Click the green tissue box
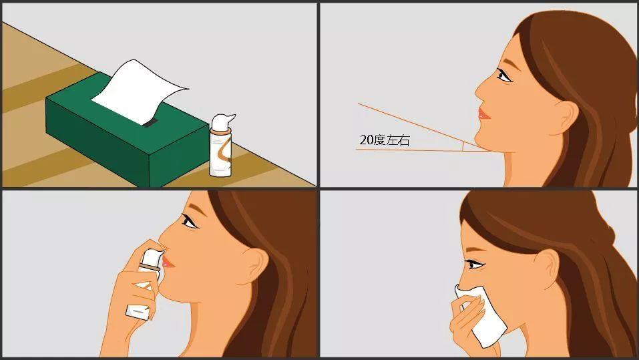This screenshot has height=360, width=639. coord(126,134)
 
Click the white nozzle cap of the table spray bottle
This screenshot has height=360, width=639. coord(222,122)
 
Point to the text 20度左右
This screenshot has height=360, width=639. coord(385,140)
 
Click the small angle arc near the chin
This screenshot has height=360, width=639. coord(463,147)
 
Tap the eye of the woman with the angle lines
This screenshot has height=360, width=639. coord(503,75)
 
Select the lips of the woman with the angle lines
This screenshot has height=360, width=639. coord(484,113)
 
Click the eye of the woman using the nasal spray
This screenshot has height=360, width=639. coord(190,221)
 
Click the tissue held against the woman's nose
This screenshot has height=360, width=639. coord(481,314)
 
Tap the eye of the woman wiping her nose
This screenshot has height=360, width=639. coord(475,265)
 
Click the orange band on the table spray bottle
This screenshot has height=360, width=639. coord(221,132)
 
